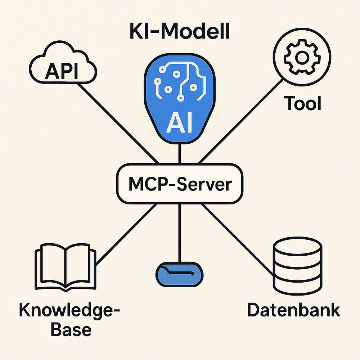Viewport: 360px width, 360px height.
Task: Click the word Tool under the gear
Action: click(302, 103)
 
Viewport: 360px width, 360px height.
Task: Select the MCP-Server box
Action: click(180, 184)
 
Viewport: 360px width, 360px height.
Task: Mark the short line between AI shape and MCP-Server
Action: click(179, 154)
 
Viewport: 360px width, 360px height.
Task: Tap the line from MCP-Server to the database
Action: click(238, 238)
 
